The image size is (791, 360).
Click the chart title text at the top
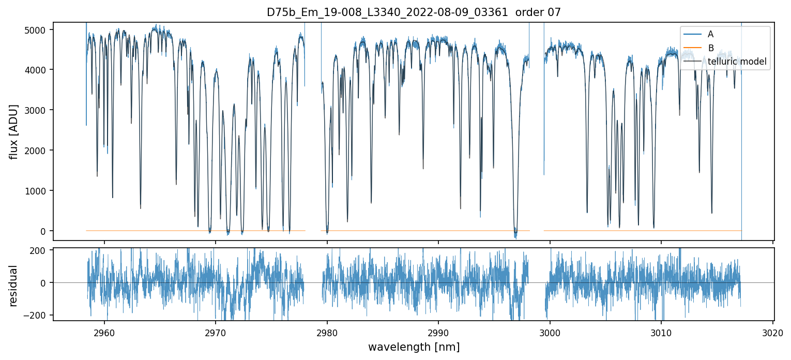[413, 12]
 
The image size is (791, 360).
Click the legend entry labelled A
[710, 34]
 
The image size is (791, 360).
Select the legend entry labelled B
[710, 48]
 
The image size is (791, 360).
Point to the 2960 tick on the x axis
[104, 333]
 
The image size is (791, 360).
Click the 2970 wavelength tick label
[216, 333]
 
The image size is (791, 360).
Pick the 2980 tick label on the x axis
[327, 333]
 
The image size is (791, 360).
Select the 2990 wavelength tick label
[438, 333]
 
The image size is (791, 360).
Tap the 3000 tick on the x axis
[550, 333]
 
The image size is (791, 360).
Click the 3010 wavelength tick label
[661, 333]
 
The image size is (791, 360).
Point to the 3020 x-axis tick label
[773, 333]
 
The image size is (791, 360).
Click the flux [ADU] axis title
[14, 131]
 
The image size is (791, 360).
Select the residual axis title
[14, 286]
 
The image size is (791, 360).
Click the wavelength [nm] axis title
[413, 347]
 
